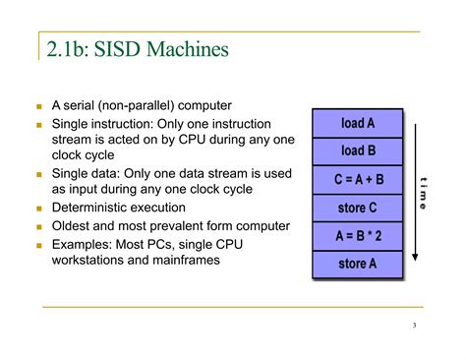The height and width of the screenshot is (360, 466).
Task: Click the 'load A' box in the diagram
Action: tap(358, 123)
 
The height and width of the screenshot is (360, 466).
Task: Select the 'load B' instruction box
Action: tap(358, 150)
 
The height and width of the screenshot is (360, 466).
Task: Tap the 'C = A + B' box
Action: tap(358, 180)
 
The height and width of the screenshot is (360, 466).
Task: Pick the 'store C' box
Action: tap(358, 208)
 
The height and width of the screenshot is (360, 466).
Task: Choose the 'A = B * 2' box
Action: tap(358, 236)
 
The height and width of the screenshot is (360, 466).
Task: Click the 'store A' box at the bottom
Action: tap(358, 264)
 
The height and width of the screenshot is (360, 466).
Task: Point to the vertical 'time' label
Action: tap(423, 193)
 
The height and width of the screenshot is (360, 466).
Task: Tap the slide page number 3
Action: tap(415, 327)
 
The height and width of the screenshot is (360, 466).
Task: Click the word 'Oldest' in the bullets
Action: tap(75, 225)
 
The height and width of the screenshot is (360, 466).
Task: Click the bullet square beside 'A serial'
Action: tap(38, 106)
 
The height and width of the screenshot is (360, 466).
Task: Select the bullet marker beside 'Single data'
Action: tap(38, 174)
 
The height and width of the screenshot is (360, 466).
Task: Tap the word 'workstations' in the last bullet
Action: tap(96, 261)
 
